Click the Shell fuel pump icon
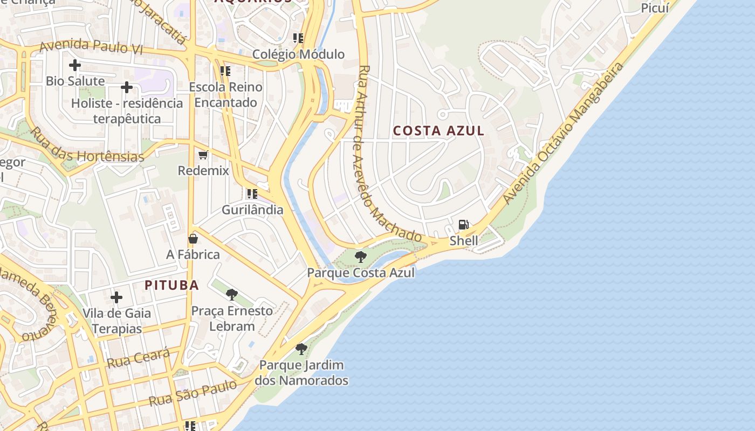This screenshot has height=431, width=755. click(463, 225)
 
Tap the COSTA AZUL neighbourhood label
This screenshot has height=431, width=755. click(438, 131)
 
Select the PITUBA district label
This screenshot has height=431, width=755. click(171, 286)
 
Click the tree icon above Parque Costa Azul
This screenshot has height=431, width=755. click(361, 256)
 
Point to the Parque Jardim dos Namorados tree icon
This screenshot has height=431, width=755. click(301, 349)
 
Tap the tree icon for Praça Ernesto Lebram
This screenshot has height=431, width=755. click(232, 295)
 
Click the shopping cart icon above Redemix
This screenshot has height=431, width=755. click(203, 155)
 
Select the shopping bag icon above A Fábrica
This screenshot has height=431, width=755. click(193, 239)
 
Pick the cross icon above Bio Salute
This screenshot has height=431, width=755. click(75, 66)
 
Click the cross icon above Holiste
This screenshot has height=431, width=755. click(127, 87)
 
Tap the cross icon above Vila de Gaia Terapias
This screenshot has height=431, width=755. click(116, 297)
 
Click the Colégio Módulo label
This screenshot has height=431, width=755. click(298, 54)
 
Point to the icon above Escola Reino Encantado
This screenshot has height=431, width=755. click(225, 71)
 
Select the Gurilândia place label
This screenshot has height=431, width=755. click(252, 210)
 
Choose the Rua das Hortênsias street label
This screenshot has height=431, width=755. click(86, 145)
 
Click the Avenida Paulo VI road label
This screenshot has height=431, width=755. click(91, 46)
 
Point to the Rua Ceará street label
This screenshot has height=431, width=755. click(139, 358)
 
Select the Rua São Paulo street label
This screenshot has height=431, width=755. click(193, 393)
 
